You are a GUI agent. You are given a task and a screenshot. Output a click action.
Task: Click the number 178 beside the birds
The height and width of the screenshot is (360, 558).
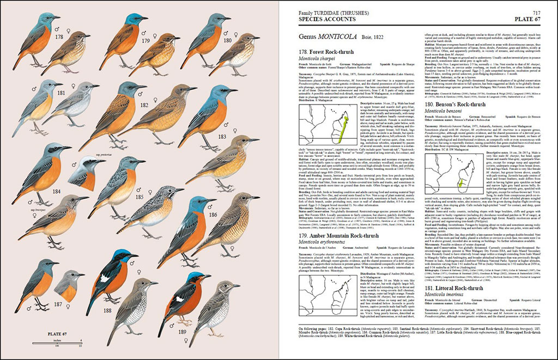point(59,37)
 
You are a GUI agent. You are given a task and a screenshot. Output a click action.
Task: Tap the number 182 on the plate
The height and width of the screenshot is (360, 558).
point(144,105)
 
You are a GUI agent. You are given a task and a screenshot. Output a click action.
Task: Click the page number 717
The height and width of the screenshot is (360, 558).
point(537,12)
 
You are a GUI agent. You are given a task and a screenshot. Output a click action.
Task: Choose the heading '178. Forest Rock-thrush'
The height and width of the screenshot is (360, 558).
point(326,52)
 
